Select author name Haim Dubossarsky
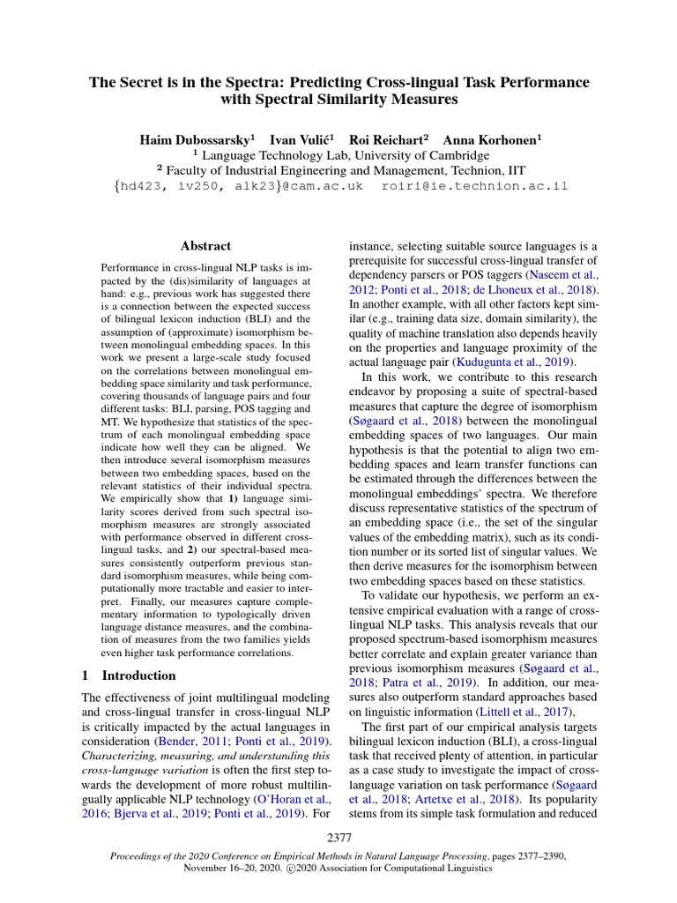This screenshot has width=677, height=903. (194, 139)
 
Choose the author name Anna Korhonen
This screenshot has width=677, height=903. (492, 139)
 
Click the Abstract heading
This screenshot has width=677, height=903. (205, 246)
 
